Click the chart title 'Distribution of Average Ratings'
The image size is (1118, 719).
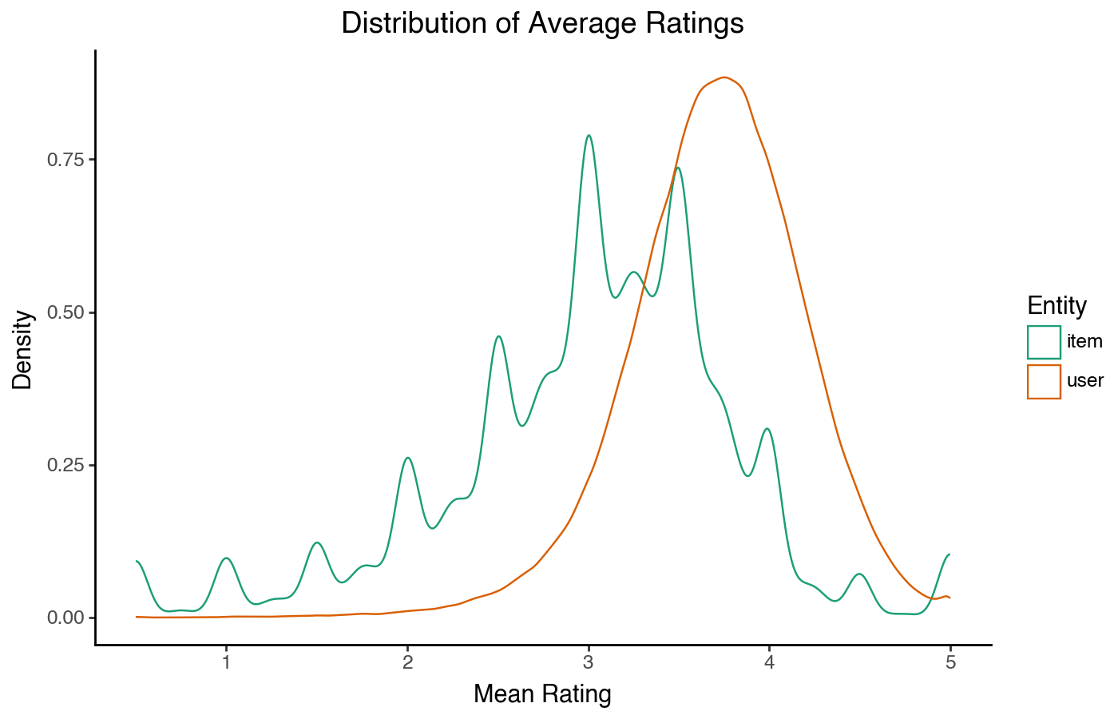[x=542, y=23]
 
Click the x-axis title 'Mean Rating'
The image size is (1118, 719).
[x=542, y=694]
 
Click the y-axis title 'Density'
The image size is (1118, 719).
[x=22, y=349]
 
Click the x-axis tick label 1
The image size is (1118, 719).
[x=227, y=662]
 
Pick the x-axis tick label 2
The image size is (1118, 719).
[x=407, y=662]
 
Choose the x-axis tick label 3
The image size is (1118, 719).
[x=589, y=662]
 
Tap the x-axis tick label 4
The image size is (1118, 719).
[x=769, y=662]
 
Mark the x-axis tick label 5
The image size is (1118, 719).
[x=950, y=662]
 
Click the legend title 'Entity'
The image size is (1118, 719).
[x=1057, y=306]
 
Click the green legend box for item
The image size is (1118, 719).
[x=1044, y=342]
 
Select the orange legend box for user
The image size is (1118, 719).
[x=1044, y=382]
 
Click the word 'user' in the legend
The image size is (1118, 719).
[x=1084, y=381]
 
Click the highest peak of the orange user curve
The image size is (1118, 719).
[x=724, y=77]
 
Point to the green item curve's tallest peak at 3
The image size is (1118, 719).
[x=589, y=135]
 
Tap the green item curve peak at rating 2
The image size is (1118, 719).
[x=408, y=458]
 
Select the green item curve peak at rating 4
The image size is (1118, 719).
[x=767, y=429]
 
